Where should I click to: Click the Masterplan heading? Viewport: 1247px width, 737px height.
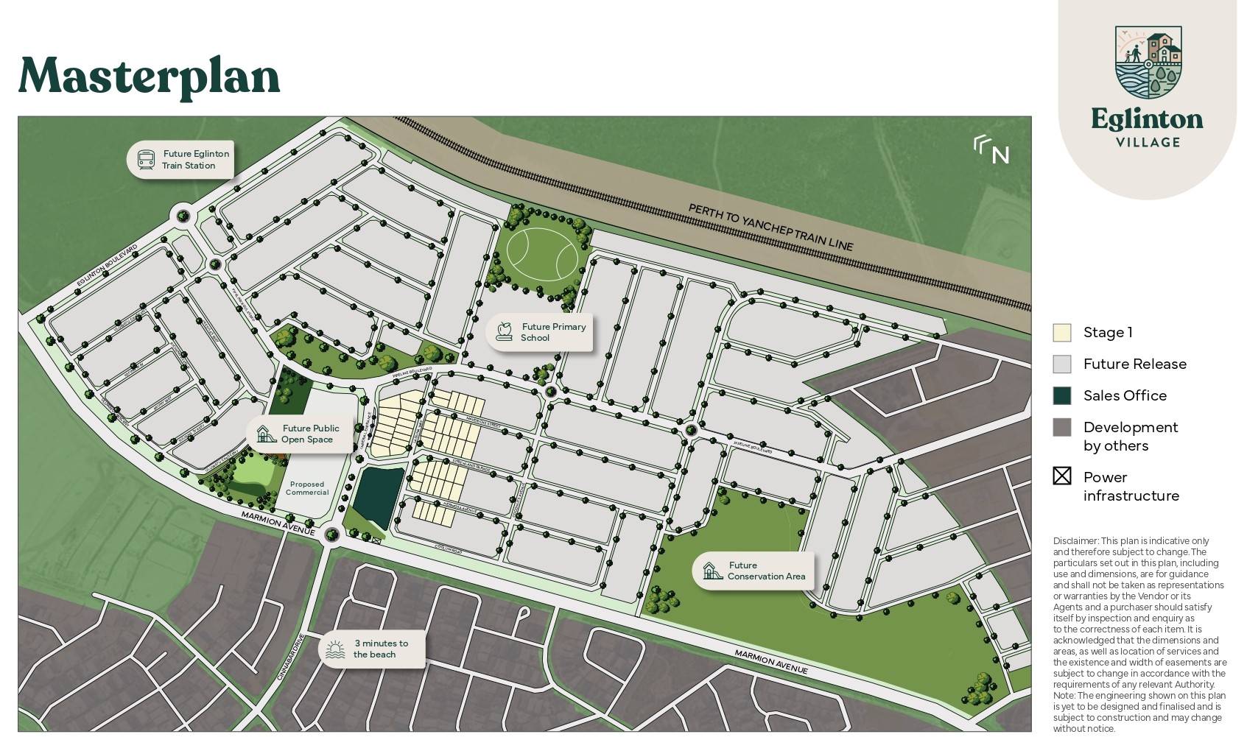(149, 76)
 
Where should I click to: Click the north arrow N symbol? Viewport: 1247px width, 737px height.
(991, 149)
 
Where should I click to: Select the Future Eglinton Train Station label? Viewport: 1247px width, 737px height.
(195, 160)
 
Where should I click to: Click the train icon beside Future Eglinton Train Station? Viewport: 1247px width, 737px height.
(146, 160)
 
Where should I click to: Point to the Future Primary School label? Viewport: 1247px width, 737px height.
(553, 332)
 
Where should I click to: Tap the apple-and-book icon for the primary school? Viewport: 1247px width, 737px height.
(505, 331)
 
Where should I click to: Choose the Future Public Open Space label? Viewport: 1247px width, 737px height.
(310, 434)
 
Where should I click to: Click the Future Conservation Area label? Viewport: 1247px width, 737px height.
(766, 571)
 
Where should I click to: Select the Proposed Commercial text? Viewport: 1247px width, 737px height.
(307, 488)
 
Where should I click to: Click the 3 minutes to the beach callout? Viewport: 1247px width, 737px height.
(380, 649)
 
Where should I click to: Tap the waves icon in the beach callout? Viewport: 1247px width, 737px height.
(335, 649)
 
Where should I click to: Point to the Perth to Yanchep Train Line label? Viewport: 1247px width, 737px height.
(770, 228)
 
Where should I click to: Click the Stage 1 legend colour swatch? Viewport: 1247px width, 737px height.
(1061, 333)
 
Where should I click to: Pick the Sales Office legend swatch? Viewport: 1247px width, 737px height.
(1061, 395)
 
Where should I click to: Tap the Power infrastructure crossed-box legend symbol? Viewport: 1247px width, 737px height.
(1061, 476)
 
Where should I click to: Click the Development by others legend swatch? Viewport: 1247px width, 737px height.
(1061, 427)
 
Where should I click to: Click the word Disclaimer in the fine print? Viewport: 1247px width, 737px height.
(1075, 541)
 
